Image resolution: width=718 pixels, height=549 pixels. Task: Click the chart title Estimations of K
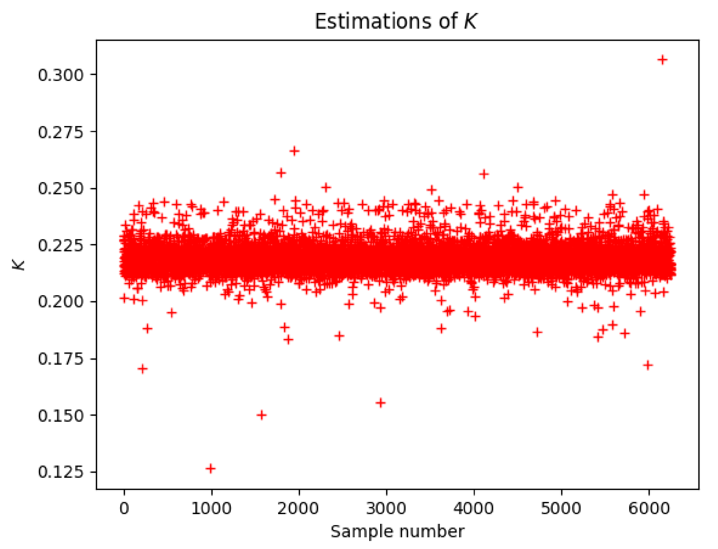pos(395,22)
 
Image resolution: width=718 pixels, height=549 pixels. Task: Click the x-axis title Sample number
pos(397,532)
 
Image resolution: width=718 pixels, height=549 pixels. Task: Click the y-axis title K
pos(19,265)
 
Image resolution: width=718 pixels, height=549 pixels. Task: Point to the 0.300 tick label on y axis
pos(61,75)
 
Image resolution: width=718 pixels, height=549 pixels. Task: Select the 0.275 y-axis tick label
pos(61,132)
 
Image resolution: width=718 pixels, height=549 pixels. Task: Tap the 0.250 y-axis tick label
pos(61,189)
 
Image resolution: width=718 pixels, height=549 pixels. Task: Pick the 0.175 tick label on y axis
pos(61,359)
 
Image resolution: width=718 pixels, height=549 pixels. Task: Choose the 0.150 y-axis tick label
pos(61,416)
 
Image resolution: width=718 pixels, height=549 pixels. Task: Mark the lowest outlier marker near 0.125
pos(211,469)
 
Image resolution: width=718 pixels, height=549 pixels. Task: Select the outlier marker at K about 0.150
pos(261,415)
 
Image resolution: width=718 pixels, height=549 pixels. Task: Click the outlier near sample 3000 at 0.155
pos(380,403)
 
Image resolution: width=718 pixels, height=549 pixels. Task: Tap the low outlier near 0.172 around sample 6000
pos(648,365)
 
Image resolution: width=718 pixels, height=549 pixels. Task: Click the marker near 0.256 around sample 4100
pos(484,174)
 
